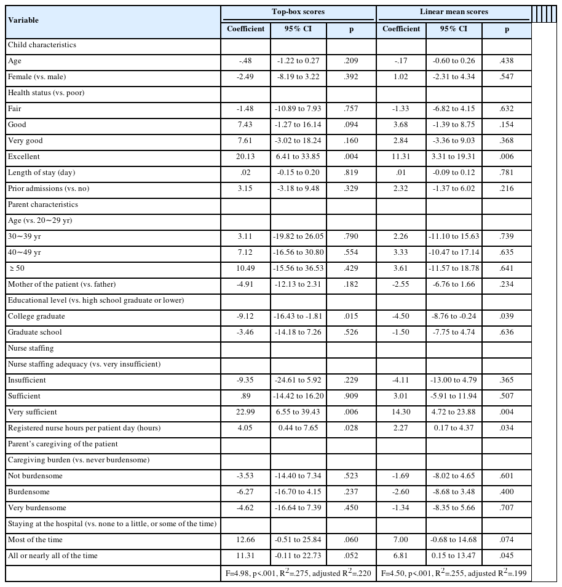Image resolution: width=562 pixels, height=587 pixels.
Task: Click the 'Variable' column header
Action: pos(23,20)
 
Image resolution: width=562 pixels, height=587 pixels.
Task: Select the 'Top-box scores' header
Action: pos(298,12)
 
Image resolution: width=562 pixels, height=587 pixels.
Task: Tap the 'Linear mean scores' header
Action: pos(453,12)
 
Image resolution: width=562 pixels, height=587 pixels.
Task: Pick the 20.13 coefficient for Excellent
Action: pos(245,157)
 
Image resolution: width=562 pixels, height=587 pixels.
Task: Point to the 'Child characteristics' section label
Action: pos(42,45)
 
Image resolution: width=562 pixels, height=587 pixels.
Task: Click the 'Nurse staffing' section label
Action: pos(31,348)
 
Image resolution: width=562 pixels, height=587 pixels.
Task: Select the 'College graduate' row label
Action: pos(36,316)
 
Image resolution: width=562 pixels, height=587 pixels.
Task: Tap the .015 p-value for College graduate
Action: pos(351,316)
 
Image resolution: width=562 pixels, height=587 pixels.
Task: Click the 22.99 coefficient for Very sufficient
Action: pos(245,412)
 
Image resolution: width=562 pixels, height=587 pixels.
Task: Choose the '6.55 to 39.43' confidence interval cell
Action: pos(298,412)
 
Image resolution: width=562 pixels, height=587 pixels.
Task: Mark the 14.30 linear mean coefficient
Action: pos(401,412)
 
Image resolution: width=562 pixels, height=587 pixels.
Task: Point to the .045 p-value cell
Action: pos(507,556)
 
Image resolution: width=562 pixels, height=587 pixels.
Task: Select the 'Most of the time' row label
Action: pos(35,540)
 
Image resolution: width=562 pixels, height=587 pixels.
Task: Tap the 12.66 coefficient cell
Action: pos(245,540)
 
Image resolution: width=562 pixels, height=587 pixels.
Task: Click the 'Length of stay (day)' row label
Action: pos(42,173)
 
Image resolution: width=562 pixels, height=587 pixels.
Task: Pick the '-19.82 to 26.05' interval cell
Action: pos(298,236)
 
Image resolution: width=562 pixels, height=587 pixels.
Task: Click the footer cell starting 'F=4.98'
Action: pos(298,573)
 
